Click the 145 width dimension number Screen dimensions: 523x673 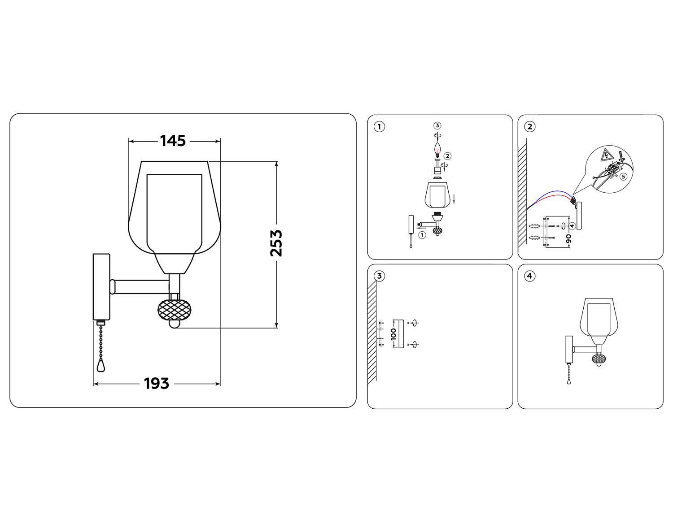pos(173,141)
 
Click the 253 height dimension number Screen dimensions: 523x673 pos(276,243)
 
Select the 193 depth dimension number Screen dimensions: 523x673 pos(156,384)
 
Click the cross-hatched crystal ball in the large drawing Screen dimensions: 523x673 pos(175,309)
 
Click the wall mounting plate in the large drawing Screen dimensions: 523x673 pos(101,287)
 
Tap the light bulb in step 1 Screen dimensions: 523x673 pos(437,148)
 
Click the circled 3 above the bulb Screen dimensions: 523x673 pos(437,126)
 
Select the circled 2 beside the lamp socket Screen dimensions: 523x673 pos(447,156)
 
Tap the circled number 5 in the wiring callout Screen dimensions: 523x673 pos(623,177)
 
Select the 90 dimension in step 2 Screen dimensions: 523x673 pos(569,238)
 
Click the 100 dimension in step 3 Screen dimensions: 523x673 pos(393,334)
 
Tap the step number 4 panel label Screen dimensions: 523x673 pos(530,276)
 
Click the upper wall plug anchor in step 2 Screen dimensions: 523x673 pos(535,226)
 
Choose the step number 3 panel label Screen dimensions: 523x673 pos(380,276)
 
